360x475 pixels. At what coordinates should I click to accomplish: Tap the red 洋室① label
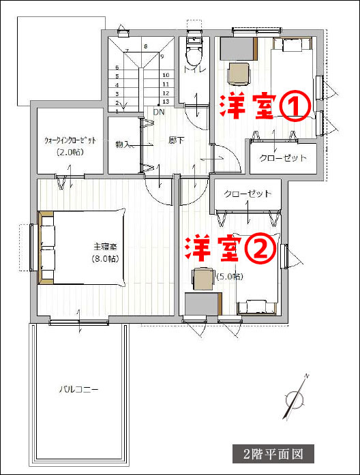tap(265, 107)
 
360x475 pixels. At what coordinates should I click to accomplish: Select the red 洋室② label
tap(231, 249)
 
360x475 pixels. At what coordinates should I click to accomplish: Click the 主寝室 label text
tap(105, 247)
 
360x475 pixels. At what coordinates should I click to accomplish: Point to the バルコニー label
tap(78, 389)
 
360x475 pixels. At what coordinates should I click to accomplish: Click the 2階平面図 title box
tap(273, 454)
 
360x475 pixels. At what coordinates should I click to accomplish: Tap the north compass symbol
tap(295, 397)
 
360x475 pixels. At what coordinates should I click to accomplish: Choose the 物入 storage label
tap(123, 144)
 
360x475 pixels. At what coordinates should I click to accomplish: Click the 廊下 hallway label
tap(177, 140)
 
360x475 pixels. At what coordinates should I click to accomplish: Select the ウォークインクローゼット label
tap(70, 140)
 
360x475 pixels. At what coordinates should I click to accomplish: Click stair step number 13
tap(166, 102)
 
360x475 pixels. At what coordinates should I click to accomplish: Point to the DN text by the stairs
tap(159, 112)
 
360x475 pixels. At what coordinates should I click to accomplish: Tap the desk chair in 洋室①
tap(239, 74)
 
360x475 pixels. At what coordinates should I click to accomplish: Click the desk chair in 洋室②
tap(203, 279)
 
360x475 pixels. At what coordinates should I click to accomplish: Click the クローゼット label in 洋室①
tap(283, 158)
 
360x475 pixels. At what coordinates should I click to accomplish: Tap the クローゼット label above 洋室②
tap(247, 194)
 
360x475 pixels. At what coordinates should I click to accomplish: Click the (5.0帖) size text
tap(230, 276)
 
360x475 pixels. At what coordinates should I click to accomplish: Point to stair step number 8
tap(146, 46)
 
